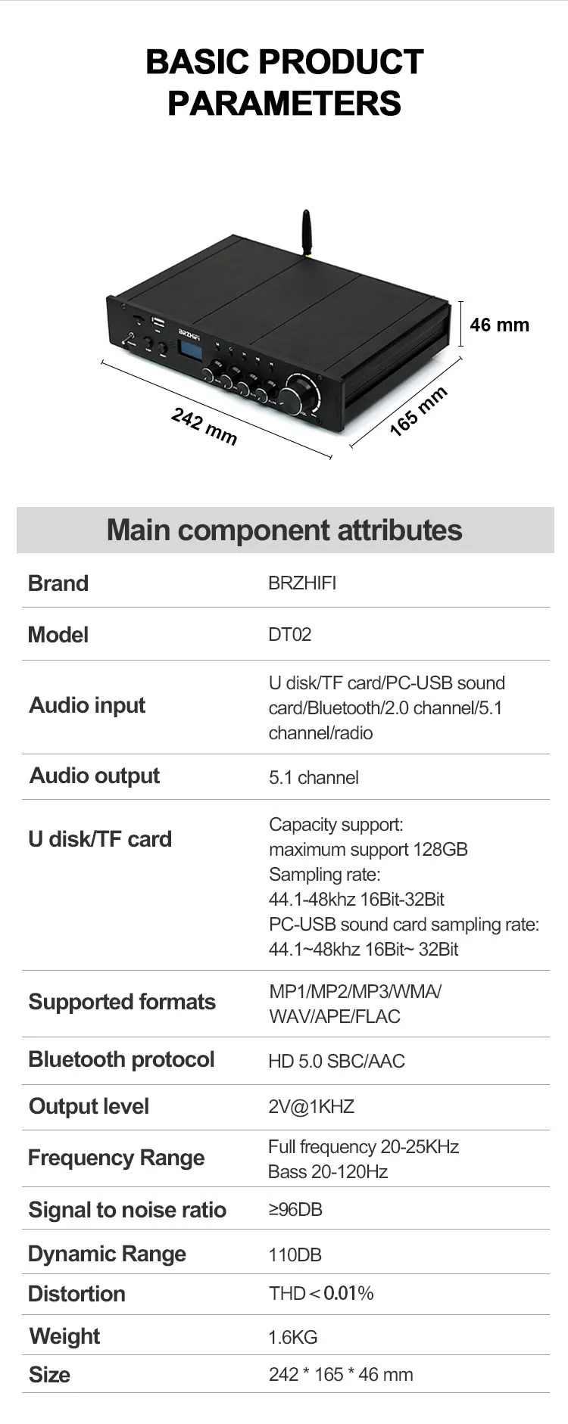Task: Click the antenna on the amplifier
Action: click(x=306, y=233)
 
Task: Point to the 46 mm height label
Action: click(x=499, y=325)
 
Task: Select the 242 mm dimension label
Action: click(x=204, y=427)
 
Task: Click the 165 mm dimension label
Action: click(x=418, y=411)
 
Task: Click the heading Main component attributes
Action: click(x=284, y=530)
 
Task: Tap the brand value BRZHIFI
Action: click(x=302, y=583)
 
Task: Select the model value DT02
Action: click(x=289, y=634)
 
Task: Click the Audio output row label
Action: click(x=95, y=776)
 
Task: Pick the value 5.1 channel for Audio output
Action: click(x=314, y=777)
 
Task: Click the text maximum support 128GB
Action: click(x=368, y=849)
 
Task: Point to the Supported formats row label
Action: click(x=122, y=1002)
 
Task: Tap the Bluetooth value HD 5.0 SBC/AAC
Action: click(x=336, y=1061)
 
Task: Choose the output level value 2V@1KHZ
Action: click(x=311, y=1106)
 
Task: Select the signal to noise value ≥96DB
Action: click(x=295, y=1209)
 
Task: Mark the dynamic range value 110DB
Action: click(x=295, y=1255)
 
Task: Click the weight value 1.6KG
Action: click(x=293, y=1337)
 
